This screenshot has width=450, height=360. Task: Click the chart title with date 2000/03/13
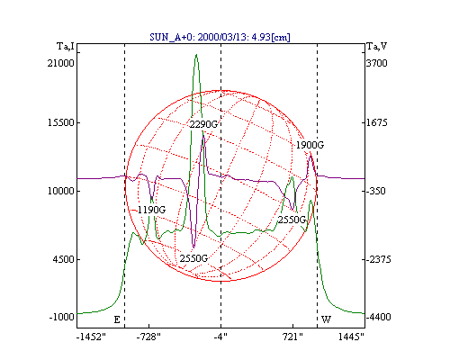point(220,37)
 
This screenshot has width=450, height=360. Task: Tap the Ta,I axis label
point(66,47)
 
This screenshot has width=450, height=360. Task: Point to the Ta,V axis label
point(377,47)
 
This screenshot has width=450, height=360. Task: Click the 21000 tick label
point(60,63)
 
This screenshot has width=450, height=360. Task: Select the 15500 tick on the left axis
point(61,123)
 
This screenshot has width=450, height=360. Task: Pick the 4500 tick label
point(63,259)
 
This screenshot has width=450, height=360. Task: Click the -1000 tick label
point(61,317)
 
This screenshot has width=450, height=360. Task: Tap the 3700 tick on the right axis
point(377,63)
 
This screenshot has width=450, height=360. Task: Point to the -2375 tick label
point(379,259)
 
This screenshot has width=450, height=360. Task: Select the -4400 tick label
point(379,317)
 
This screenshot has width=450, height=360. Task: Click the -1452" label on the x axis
point(91,337)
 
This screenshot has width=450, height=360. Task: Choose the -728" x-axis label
point(148,337)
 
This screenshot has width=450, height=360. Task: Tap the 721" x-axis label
point(292,337)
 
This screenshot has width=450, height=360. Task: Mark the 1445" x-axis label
point(351,337)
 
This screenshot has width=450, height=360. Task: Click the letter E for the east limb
point(117,319)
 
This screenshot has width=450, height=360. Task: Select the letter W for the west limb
point(326,319)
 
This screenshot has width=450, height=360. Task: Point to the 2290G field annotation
point(203,124)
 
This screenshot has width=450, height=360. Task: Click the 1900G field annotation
point(310,145)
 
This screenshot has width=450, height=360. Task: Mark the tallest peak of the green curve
point(196,55)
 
